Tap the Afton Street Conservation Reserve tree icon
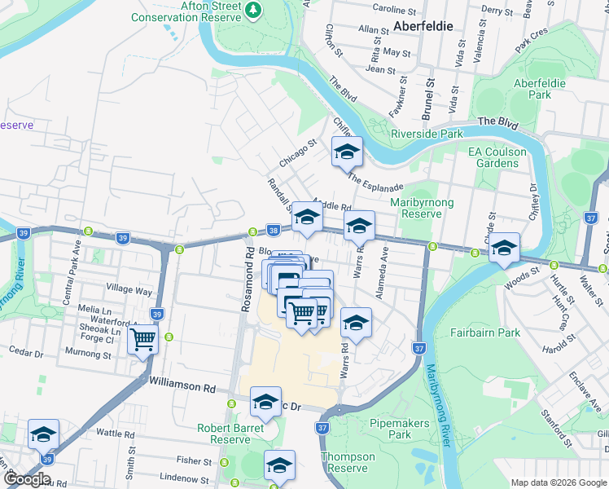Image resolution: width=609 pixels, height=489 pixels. pyautogui.click(x=255, y=9)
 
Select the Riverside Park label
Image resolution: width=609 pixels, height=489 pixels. pyautogui.click(x=427, y=134)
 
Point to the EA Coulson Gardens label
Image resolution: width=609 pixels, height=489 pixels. pyautogui.click(x=504, y=157)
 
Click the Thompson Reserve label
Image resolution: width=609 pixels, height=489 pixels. pyautogui.click(x=348, y=462)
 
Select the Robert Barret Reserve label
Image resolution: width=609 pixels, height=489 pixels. pyautogui.click(x=230, y=434)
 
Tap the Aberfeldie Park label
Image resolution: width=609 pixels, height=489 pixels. pyautogui.click(x=539, y=89)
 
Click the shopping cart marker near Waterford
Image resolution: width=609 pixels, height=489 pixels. pyautogui.click(x=143, y=338)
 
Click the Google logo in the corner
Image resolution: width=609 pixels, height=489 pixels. pyautogui.click(x=27, y=479)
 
